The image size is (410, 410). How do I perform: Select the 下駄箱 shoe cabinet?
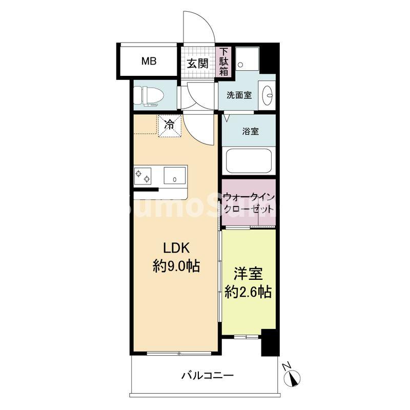pos(224,62)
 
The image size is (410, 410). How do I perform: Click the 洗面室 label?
pos(239,95)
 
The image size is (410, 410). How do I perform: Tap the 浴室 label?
pos(250,131)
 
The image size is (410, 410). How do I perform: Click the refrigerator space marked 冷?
pos(170,125)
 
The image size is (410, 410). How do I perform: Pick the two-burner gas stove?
pos(143,175)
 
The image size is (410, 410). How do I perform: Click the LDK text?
pos(177,248)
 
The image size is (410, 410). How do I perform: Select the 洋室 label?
pos(249,273)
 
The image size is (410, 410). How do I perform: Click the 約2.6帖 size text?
pos(248,292)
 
